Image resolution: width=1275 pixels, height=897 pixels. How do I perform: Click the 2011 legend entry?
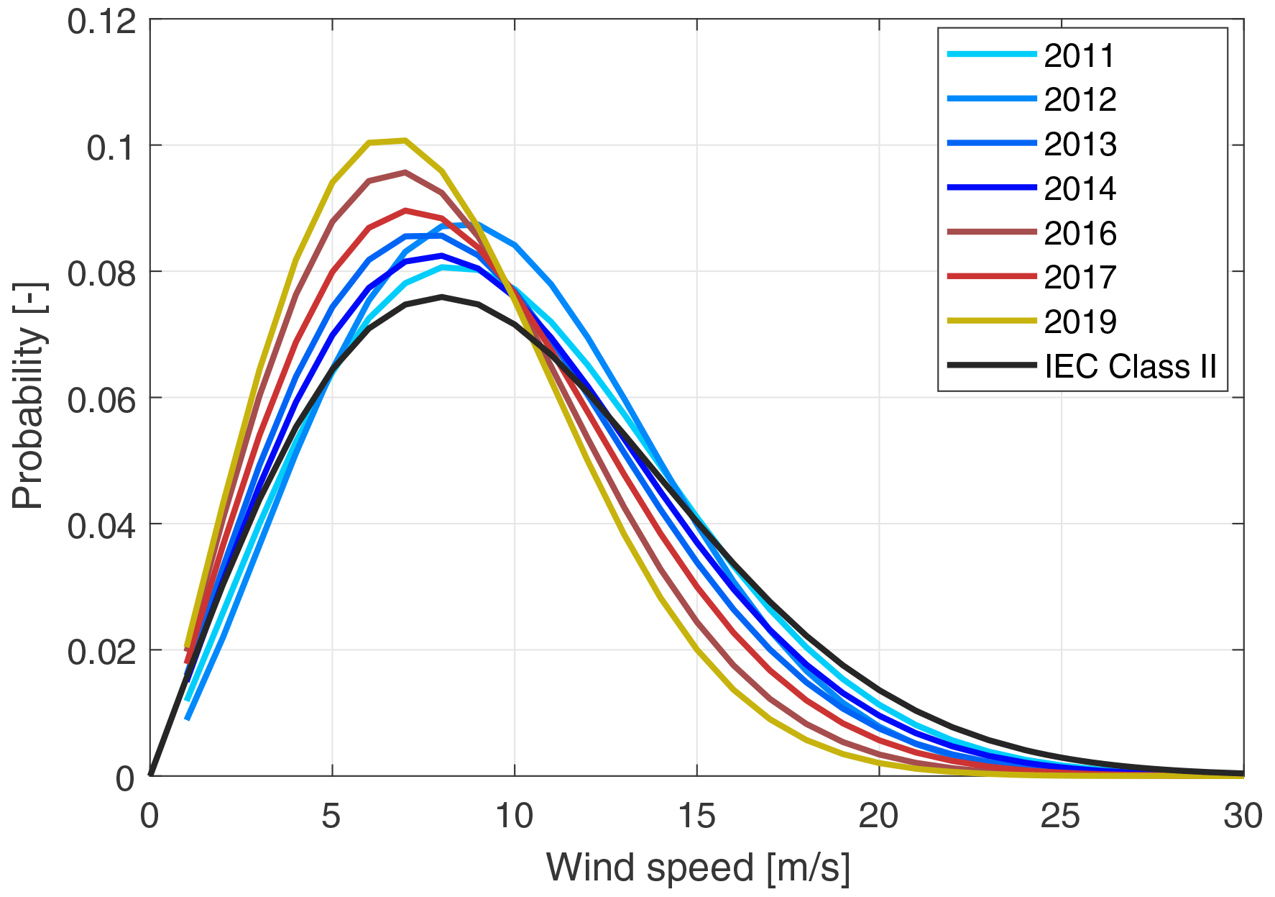[1079, 56]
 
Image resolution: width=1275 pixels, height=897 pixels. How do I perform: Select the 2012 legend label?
[1080, 100]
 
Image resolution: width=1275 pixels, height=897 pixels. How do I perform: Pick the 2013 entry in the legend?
[1080, 145]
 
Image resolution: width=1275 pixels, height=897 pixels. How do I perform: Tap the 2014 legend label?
[1080, 189]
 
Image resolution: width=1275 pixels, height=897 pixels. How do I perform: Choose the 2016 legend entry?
[1080, 234]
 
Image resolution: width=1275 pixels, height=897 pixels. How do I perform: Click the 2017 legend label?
[1080, 278]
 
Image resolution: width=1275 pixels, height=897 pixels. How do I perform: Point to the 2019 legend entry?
[1080, 322]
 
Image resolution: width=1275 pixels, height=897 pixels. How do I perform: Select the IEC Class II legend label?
[1130, 367]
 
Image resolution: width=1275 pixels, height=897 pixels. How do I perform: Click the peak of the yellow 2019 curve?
[405, 140]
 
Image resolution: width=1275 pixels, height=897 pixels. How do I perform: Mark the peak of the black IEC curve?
[442, 296]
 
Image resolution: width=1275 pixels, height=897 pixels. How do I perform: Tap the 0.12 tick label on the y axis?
[101, 22]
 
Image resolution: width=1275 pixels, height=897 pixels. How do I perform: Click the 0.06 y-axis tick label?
[101, 400]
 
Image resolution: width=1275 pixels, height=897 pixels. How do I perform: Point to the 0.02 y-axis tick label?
[101, 652]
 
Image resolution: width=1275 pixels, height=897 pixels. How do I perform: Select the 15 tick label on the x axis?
[696, 816]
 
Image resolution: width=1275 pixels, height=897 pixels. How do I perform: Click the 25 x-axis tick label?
[1061, 816]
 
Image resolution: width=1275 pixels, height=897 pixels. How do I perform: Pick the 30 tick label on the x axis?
[1243, 816]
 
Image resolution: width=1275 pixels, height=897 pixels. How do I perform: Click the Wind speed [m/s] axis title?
[698, 867]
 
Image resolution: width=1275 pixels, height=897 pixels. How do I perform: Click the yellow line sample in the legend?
[991, 321]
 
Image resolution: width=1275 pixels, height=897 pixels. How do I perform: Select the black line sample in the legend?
[991, 365]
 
